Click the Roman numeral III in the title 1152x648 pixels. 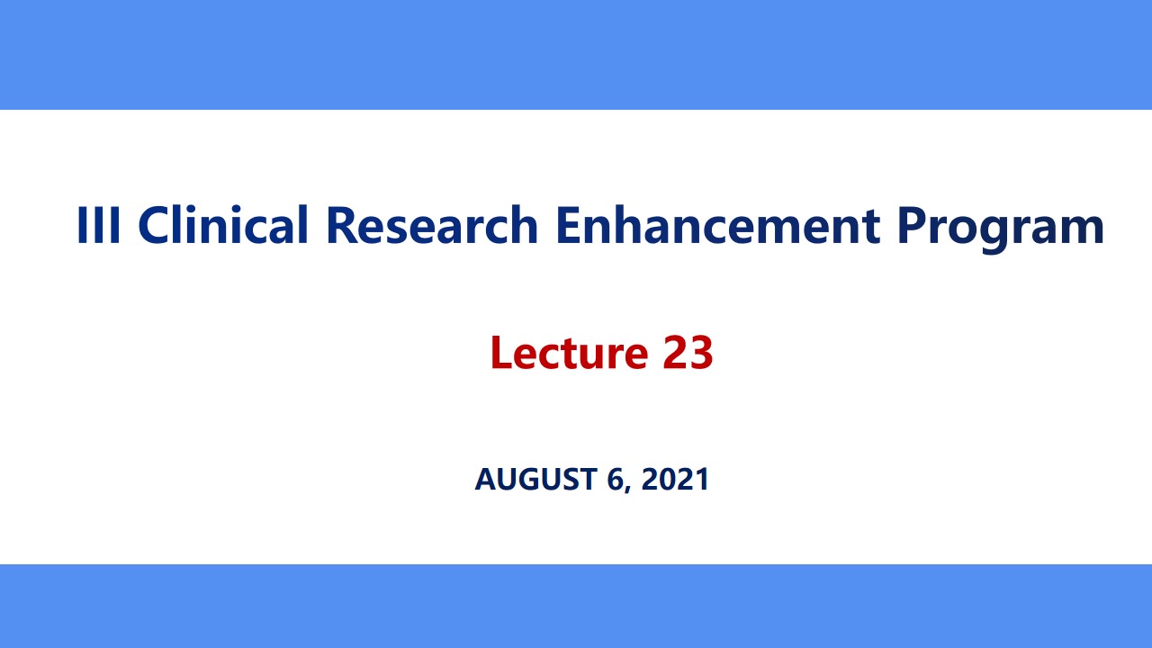tap(100, 225)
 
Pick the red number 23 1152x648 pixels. tap(688, 352)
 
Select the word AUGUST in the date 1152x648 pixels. tap(536, 479)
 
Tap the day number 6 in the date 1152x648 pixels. tap(615, 479)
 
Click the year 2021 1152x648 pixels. tap(676, 479)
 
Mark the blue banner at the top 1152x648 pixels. tap(576, 54)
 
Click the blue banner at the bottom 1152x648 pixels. tap(576, 606)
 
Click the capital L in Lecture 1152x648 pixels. tap(500, 352)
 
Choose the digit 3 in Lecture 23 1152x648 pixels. tap(701, 352)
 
